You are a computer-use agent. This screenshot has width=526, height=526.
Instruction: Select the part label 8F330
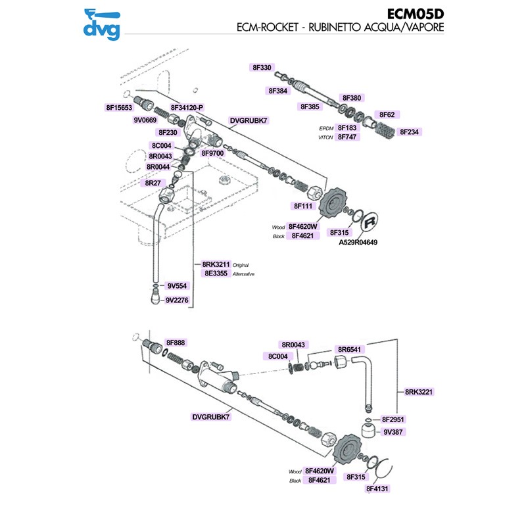click(x=262, y=68)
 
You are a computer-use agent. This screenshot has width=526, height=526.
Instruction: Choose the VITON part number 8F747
click(x=347, y=137)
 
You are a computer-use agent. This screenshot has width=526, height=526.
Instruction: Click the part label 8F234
click(x=410, y=131)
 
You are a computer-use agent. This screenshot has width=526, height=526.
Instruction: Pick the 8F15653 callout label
click(x=119, y=107)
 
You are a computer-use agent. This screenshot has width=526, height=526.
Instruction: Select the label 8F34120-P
click(x=187, y=107)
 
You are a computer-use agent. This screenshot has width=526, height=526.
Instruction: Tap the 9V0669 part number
click(x=145, y=120)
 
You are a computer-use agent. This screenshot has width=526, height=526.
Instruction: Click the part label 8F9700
click(x=213, y=153)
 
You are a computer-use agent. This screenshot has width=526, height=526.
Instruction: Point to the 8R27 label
click(x=153, y=183)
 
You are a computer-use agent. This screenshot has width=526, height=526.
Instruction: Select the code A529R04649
click(x=358, y=242)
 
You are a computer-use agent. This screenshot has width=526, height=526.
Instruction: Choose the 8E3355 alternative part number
click(x=216, y=274)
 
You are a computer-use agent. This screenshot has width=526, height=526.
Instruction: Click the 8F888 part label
click(x=176, y=343)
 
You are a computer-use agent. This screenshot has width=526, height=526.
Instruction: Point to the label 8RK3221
click(x=419, y=391)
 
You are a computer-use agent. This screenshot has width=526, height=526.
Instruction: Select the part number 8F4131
click(x=378, y=489)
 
